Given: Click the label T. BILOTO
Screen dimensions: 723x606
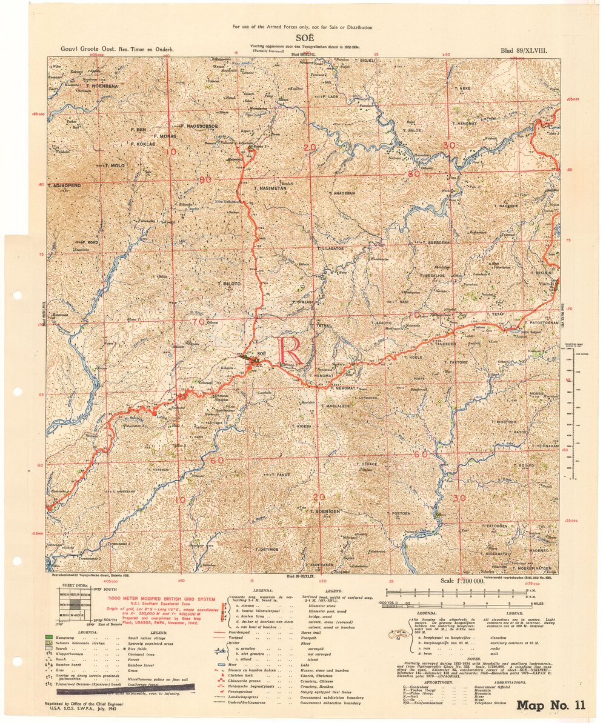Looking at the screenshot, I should tap(230, 283).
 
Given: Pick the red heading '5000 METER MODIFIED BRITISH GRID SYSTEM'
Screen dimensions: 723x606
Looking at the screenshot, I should tap(158, 598).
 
